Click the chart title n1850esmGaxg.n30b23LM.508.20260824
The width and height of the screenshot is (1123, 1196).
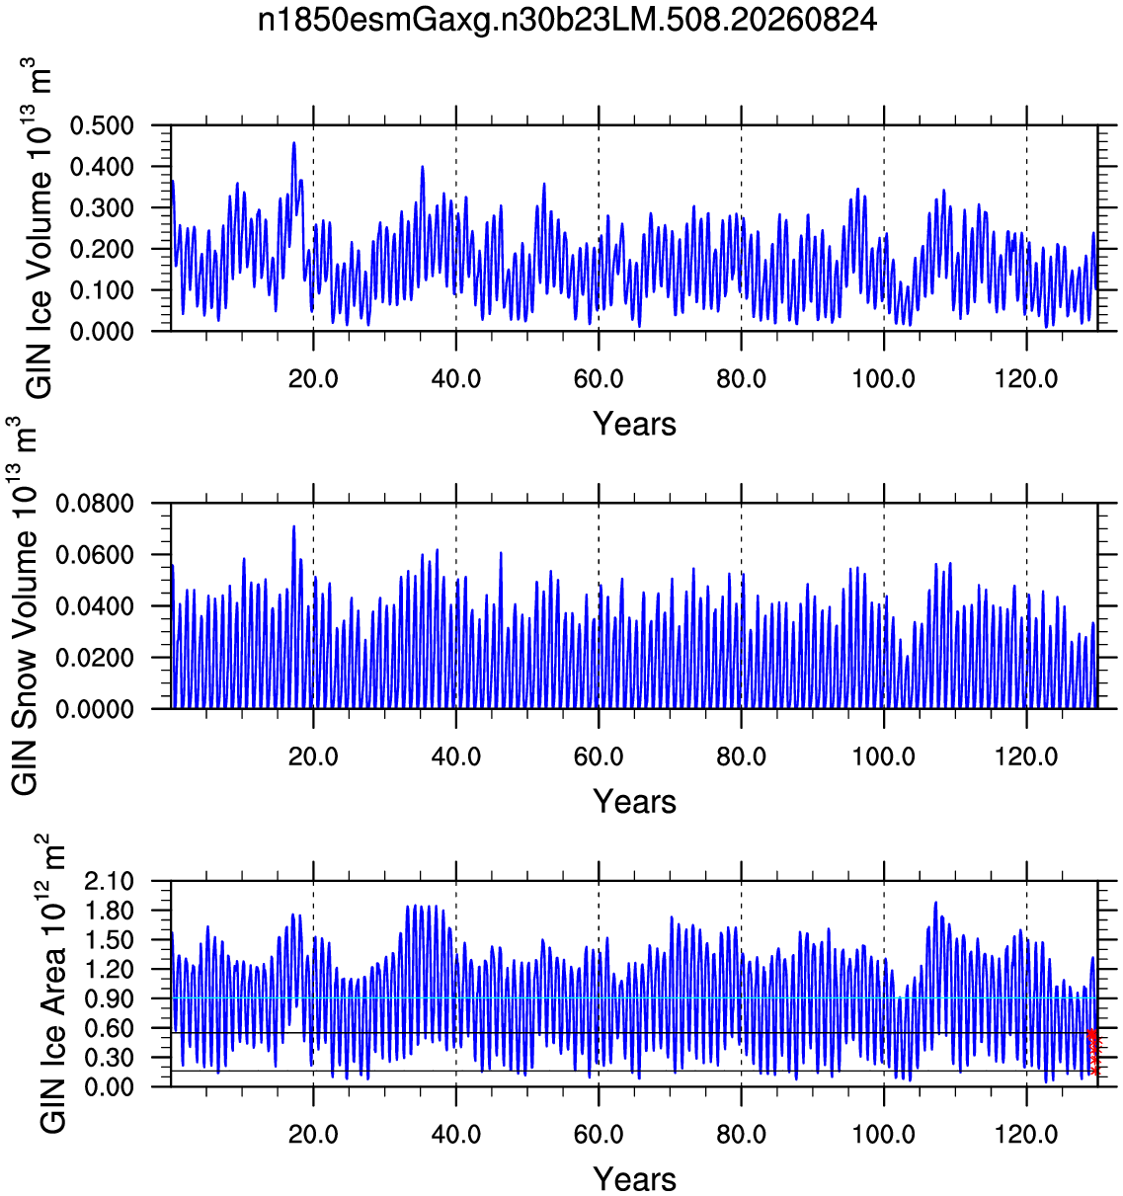coord(567,21)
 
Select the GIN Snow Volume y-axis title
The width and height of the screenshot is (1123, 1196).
coord(24,605)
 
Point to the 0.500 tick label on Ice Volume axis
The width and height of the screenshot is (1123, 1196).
coord(102,126)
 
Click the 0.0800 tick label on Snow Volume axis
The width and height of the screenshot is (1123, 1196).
coord(95,504)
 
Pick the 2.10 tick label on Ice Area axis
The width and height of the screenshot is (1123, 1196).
coord(109,882)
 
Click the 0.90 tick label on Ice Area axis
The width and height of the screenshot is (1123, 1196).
coord(109,999)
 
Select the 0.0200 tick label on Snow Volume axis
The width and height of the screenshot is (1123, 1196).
coord(95,658)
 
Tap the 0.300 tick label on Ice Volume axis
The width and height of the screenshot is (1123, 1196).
coord(102,208)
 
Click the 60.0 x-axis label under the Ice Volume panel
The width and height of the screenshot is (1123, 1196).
coord(599,379)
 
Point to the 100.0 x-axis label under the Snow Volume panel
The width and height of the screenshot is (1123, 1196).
coord(883,757)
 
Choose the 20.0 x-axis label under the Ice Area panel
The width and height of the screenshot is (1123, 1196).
coord(313,1135)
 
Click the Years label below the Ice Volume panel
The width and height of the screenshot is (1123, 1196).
coord(634,424)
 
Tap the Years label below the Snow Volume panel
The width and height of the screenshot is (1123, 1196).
coord(634,801)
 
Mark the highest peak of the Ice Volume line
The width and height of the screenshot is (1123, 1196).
coord(294,143)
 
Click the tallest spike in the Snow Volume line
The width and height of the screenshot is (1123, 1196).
coord(294,526)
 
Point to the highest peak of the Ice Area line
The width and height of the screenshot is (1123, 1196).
coord(935,903)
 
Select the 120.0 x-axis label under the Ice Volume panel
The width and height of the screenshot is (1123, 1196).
coord(1026,379)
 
